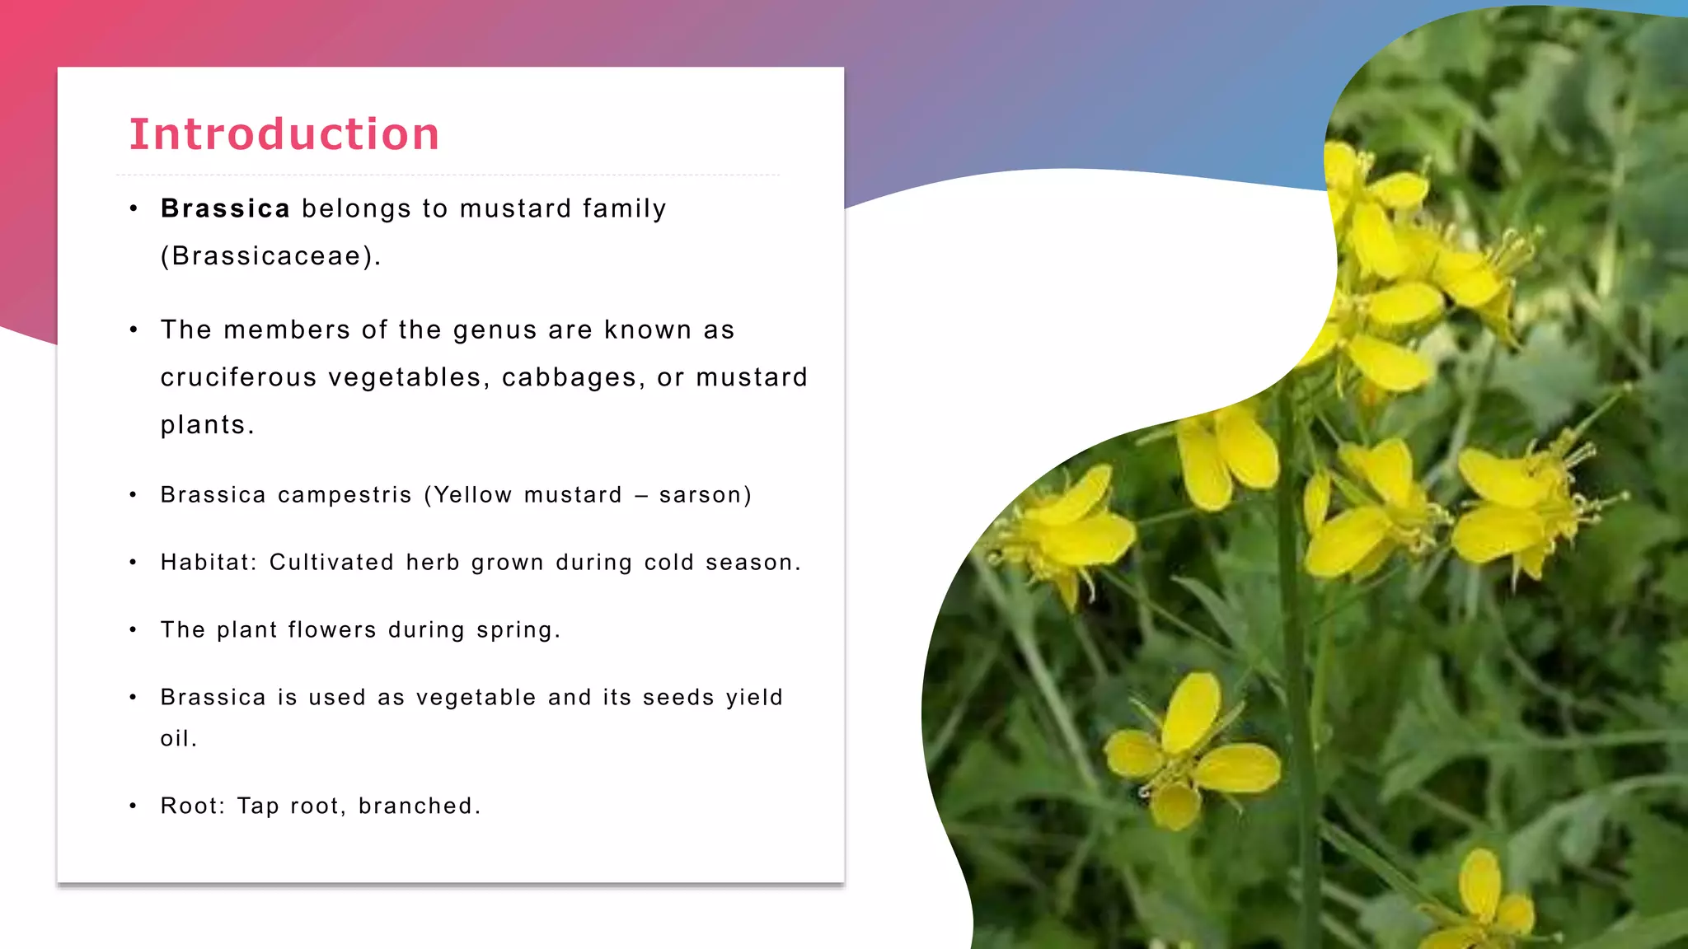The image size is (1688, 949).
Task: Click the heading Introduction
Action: click(x=284, y=134)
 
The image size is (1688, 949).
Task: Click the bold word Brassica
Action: click(x=225, y=208)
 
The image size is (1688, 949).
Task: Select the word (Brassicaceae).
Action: click(x=270, y=256)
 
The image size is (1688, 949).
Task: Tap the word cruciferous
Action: click(x=238, y=377)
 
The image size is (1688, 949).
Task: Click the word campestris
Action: click(x=345, y=495)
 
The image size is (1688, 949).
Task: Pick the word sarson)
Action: click(x=706, y=495)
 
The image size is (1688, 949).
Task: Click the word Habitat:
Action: click(x=209, y=563)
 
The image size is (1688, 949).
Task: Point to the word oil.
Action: click(x=178, y=739)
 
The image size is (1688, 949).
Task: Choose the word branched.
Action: click(x=420, y=806)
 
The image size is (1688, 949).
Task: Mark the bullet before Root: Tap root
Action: click(x=133, y=806)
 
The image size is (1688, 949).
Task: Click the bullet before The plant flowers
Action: click(x=133, y=630)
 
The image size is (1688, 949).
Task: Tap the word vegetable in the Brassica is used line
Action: click(x=476, y=698)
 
